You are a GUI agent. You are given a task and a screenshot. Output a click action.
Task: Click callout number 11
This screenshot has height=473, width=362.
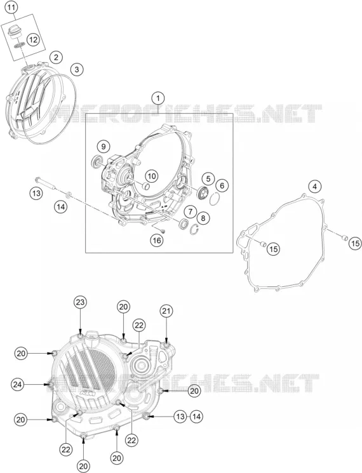tap(11, 8)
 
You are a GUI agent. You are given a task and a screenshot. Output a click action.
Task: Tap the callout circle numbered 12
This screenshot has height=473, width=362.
tap(33, 39)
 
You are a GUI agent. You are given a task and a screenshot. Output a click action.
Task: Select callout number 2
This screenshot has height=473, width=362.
tap(56, 57)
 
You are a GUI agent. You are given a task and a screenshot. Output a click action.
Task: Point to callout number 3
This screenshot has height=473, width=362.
tap(77, 69)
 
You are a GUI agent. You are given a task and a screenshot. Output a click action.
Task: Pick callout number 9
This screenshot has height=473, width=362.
tap(104, 147)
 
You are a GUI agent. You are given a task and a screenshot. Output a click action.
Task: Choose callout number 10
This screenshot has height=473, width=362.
tap(152, 176)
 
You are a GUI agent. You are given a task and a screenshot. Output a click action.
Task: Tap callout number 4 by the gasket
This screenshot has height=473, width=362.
tap(314, 187)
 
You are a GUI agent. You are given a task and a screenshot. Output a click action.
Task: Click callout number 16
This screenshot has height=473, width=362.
tap(157, 241)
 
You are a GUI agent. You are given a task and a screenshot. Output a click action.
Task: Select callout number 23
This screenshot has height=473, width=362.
tap(80, 303)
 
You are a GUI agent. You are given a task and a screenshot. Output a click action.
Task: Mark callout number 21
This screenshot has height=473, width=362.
tap(167, 311)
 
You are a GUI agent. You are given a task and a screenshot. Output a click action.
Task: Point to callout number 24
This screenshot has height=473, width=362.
tap(18, 384)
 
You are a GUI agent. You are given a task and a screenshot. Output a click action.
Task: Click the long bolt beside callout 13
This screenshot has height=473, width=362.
tap(46, 183)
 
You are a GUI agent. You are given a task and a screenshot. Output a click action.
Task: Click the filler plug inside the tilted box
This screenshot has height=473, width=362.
tap(13, 32)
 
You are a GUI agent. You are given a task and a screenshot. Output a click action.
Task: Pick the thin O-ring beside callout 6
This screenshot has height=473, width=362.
tap(215, 199)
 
